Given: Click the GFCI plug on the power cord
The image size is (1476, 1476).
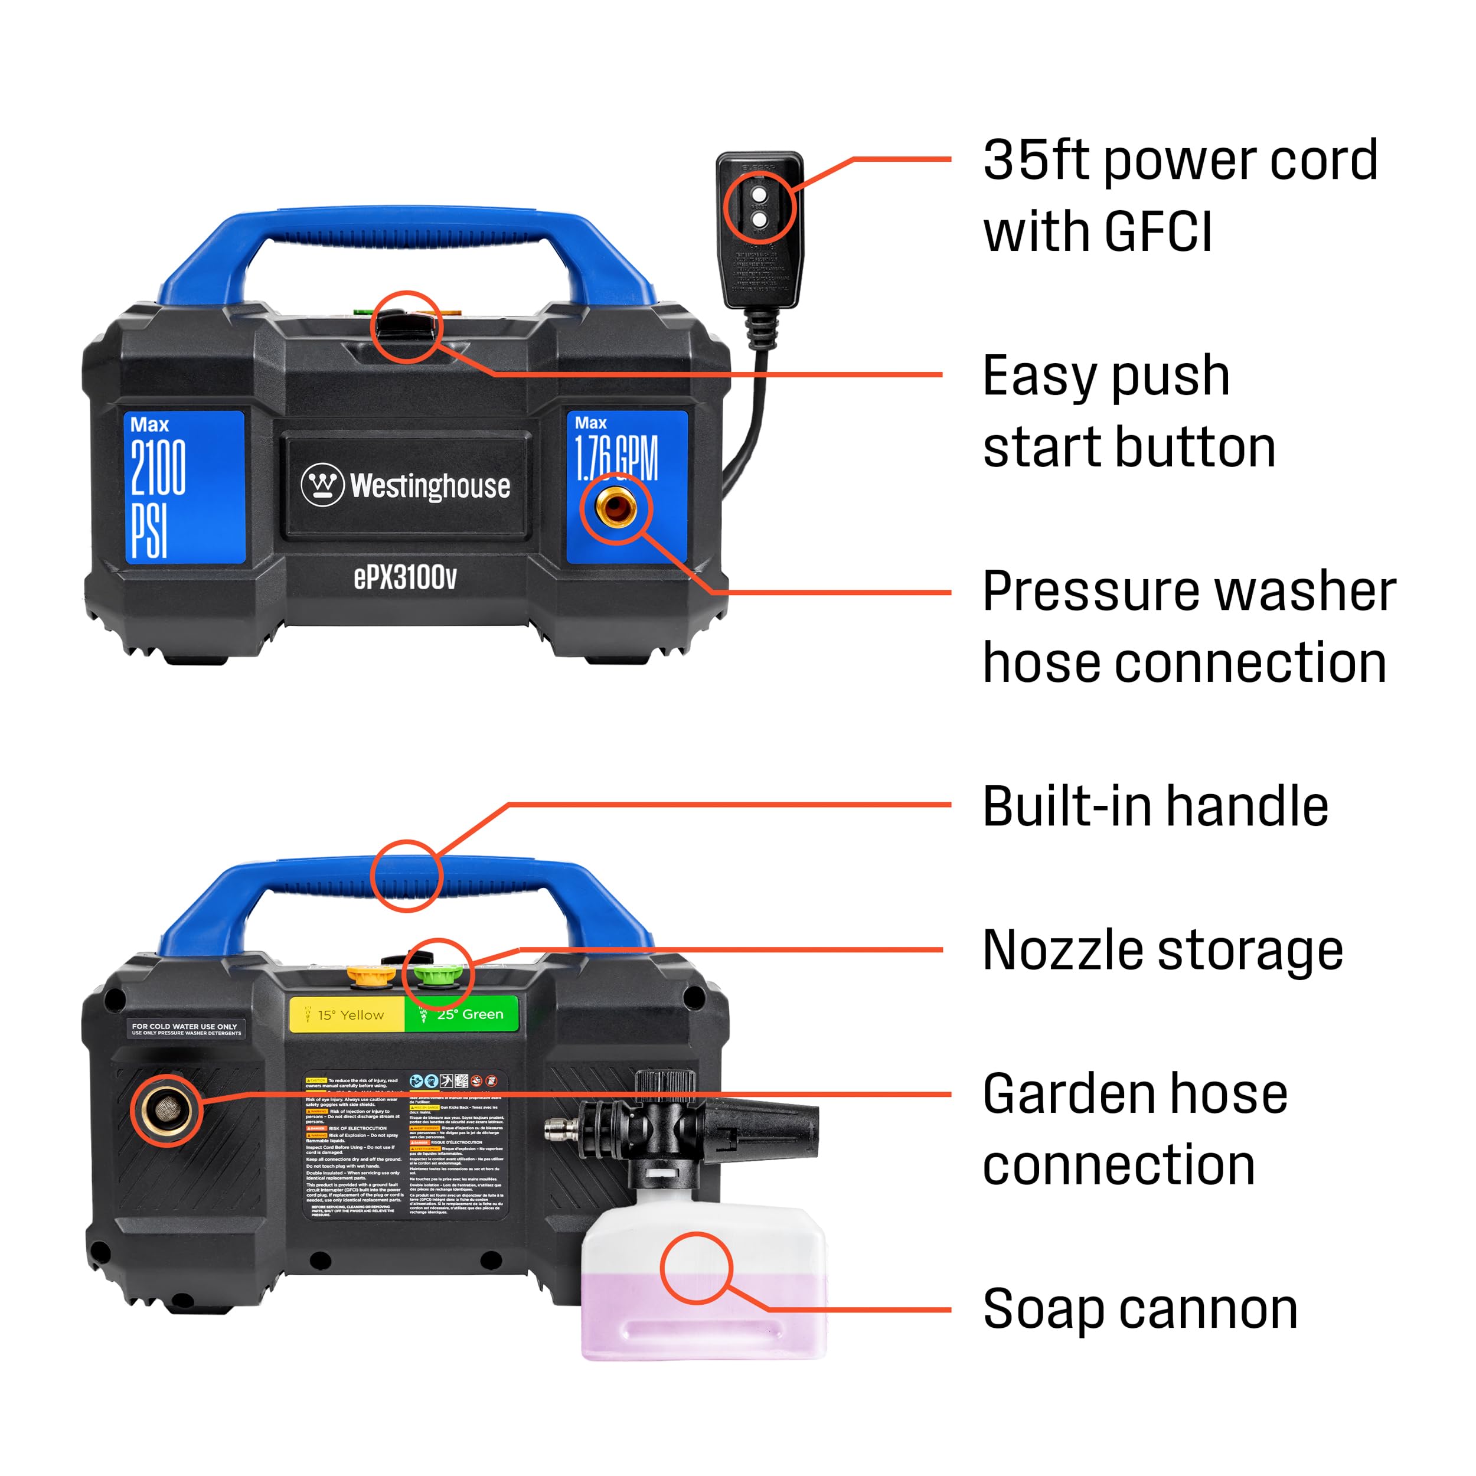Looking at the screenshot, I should click(x=759, y=229).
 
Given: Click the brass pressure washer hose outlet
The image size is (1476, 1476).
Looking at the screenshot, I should click(x=616, y=507).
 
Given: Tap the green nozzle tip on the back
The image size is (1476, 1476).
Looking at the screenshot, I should click(x=434, y=974).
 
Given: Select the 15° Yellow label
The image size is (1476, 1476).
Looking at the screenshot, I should click(x=348, y=1014).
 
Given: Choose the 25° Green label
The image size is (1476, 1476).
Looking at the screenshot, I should click(x=463, y=1014).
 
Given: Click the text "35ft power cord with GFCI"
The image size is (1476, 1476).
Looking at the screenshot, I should click(x=1180, y=195).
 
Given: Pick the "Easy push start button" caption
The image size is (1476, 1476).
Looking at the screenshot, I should click(x=1129, y=411).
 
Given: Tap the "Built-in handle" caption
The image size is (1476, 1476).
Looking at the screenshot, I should click(x=1155, y=806).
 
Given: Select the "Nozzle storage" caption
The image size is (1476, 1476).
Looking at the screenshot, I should click(x=1162, y=951).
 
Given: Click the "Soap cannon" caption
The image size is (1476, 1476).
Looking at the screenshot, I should click(x=1140, y=1310).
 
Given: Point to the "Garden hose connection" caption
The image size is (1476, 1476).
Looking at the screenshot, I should click(x=1135, y=1129).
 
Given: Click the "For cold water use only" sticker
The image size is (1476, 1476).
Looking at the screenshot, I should click(x=185, y=1029).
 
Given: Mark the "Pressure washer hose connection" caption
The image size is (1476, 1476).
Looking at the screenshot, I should click(x=1188, y=626).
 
